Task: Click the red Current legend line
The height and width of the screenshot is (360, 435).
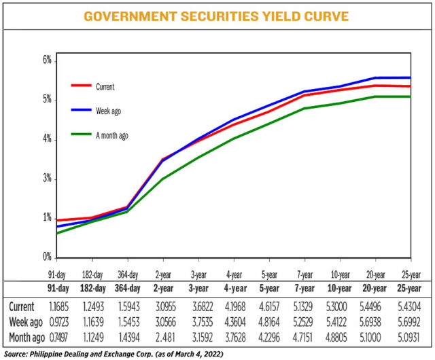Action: (x=80, y=86)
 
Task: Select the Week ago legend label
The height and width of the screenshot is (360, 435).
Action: (x=109, y=111)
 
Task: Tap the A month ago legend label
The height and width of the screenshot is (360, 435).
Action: (x=112, y=136)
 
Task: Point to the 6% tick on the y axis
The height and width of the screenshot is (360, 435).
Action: (x=48, y=60)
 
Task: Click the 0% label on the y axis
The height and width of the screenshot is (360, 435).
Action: (x=48, y=257)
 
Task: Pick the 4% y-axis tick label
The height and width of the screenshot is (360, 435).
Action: (x=48, y=139)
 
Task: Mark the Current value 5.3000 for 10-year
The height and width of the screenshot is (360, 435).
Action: (x=340, y=307)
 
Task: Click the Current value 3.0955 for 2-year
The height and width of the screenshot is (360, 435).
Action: (x=164, y=307)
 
